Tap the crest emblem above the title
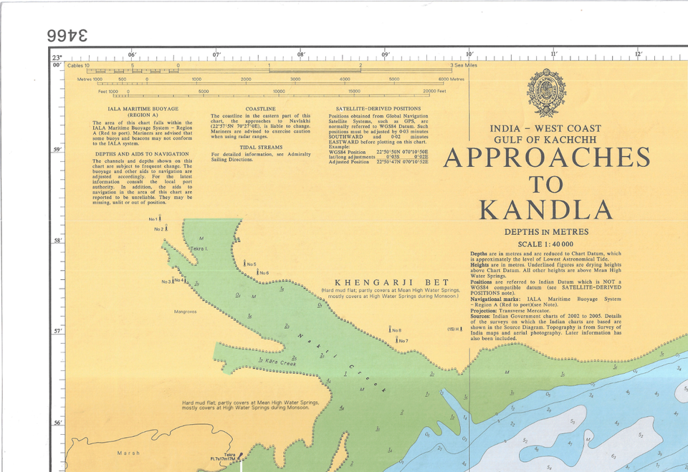coord(546,92)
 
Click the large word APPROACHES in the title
coord(547,158)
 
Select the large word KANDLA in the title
coord(546,211)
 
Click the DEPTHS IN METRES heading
coord(546,232)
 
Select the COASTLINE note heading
coord(260,109)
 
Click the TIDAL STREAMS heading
coord(260,147)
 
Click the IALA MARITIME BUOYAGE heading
coord(143,109)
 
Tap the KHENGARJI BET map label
coord(391,282)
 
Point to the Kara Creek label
coord(281,362)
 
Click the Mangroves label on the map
coord(186,312)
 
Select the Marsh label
coord(128,453)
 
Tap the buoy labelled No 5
coord(246,264)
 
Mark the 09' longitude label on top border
coord(386,55)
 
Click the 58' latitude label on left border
coord(57,241)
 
